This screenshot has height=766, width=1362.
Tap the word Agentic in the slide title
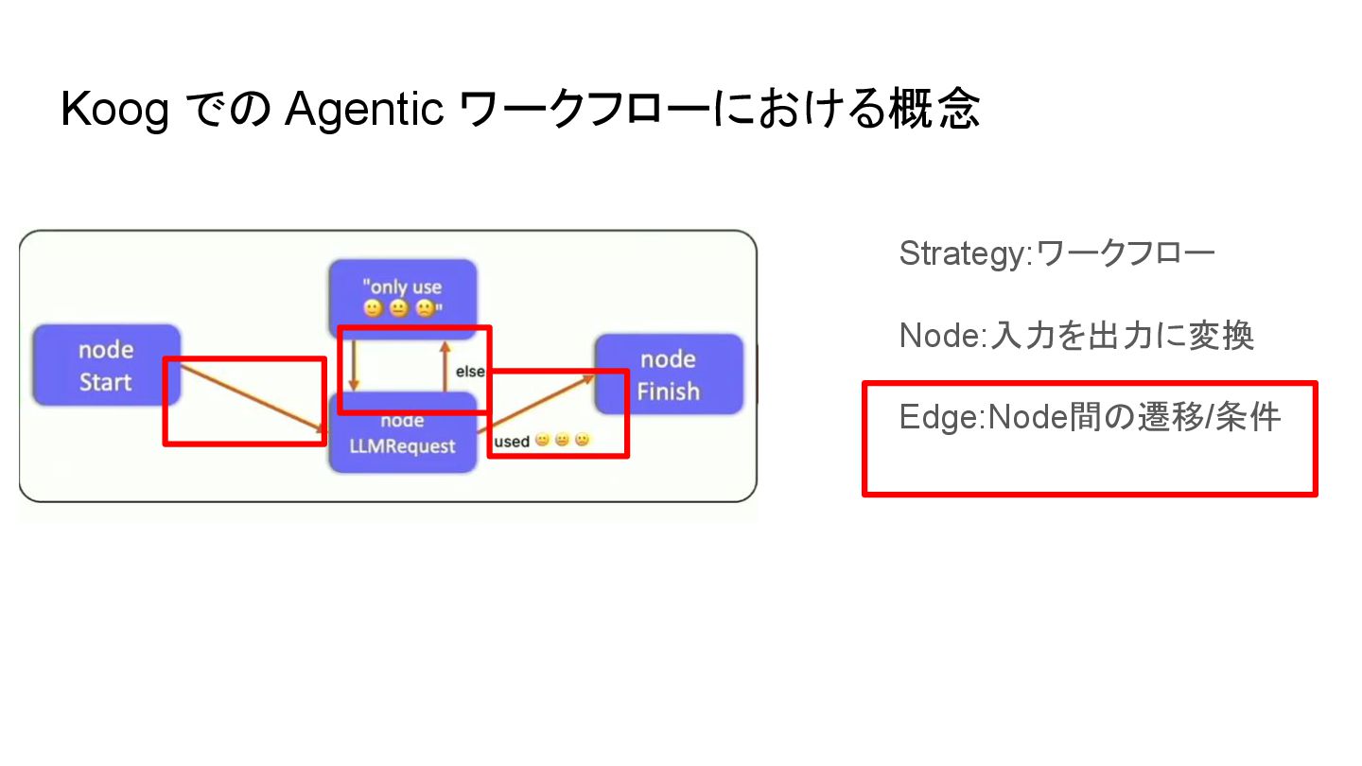[364, 111]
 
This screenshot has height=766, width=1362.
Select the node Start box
[106, 366]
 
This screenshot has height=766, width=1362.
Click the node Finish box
[669, 374]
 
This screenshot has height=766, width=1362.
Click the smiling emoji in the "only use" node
[374, 308]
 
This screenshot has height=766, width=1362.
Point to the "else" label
[470, 372]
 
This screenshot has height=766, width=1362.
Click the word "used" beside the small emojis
[512, 442]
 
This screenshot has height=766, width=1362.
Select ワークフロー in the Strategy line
[1126, 253]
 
